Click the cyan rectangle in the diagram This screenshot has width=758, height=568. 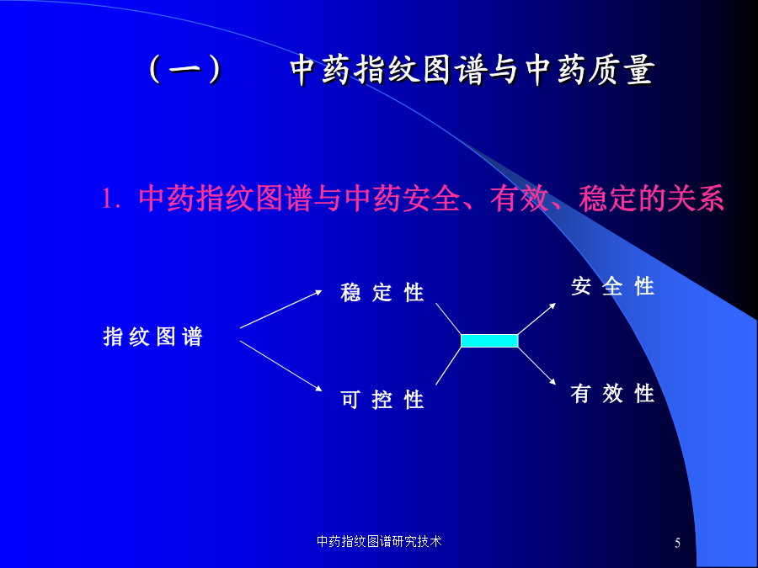[x=489, y=341]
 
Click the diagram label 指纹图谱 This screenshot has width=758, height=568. [x=152, y=336]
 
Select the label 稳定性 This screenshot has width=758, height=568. [x=382, y=292]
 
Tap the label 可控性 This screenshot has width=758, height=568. [x=382, y=400]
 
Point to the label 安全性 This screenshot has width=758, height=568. [x=612, y=286]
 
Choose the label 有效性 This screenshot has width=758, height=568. [x=612, y=393]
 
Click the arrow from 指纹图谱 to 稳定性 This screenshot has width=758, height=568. [x=280, y=309]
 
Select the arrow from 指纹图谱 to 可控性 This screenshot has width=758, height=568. [x=280, y=366]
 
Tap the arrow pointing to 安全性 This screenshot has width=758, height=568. [x=537, y=318]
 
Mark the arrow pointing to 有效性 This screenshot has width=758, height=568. [x=537, y=366]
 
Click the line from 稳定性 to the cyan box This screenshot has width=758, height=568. [x=448, y=318]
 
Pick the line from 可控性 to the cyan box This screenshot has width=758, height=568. [x=448, y=366]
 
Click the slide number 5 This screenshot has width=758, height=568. [x=677, y=543]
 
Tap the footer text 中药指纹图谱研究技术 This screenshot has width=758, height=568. [x=379, y=541]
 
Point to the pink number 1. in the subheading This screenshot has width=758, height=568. [x=110, y=199]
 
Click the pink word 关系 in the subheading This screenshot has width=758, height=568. [x=695, y=198]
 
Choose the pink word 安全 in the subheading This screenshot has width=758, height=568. [x=431, y=198]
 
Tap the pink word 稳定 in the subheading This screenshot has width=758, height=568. [x=607, y=198]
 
